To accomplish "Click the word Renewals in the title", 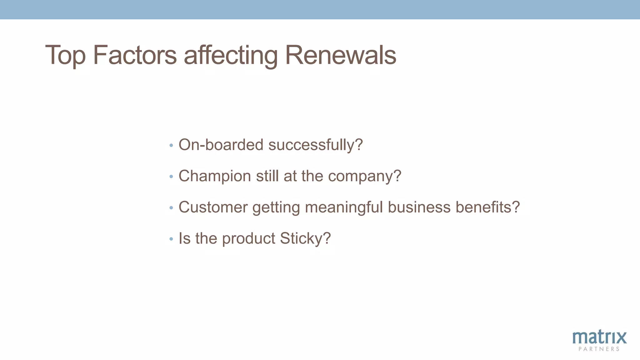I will (341, 55).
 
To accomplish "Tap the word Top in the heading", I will (65, 55).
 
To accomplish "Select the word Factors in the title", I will (135, 55).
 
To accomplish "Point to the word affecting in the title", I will (230, 55).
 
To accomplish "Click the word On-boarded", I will (221, 145).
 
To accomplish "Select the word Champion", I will (215, 176).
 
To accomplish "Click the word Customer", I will (213, 207).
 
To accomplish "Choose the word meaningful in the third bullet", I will (344, 207).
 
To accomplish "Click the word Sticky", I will (305, 238).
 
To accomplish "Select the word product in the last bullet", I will (248, 239).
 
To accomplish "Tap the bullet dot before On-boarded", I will (171, 145).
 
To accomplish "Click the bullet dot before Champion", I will (171, 177).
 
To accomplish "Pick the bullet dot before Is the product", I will (171, 239).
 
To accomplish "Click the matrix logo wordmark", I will (599, 337).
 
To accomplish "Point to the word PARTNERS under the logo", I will (599, 349).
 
